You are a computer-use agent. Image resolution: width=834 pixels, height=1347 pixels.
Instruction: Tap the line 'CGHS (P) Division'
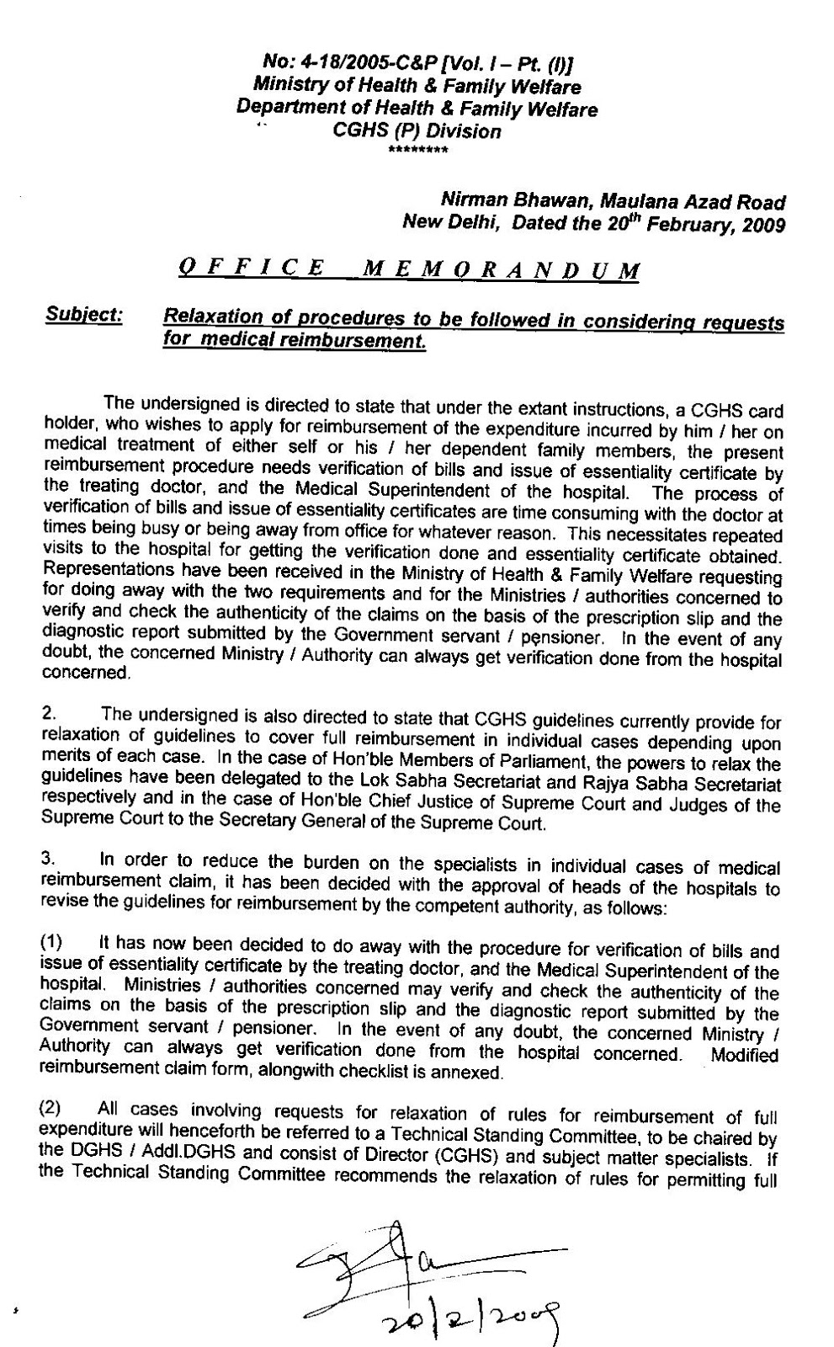tap(417, 131)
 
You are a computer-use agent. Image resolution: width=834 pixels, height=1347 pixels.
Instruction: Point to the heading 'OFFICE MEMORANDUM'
tap(409, 269)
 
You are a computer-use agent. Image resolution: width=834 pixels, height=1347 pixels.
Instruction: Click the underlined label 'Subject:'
tap(83, 316)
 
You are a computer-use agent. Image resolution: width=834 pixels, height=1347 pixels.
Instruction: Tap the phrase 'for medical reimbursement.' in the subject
tap(294, 341)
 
